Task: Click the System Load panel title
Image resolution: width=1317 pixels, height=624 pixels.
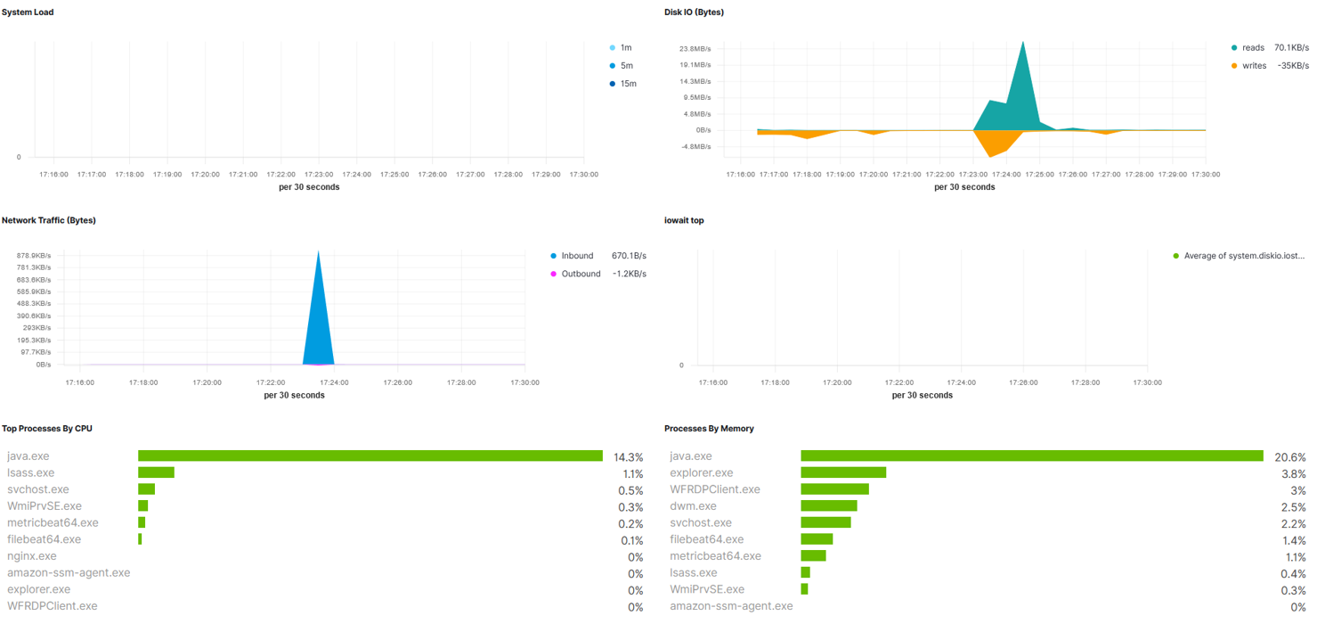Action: [x=28, y=12]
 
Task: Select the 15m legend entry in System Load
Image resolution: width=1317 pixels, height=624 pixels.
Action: [x=623, y=84]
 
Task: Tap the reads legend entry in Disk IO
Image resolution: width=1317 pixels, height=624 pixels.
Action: [x=1248, y=47]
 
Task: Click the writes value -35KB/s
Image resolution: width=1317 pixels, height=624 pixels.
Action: [x=1293, y=66]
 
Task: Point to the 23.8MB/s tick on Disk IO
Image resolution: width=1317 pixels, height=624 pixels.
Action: [x=695, y=49]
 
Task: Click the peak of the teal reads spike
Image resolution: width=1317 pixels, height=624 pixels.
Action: [x=1023, y=42]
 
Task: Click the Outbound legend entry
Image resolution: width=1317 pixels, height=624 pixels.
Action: [x=575, y=274]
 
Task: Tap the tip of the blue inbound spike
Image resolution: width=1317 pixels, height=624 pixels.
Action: [x=319, y=251]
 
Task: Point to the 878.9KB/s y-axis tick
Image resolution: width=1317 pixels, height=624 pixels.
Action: [x=34, y=256]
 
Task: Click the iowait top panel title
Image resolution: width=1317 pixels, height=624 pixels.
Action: [x=684, y=221]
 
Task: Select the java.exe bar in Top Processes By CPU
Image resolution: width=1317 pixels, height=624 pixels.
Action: [x=370, y=456]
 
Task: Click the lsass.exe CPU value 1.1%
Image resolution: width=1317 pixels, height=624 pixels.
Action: [x=632, y=474]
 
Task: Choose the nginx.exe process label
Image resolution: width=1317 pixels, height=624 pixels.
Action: [x=32, y=556]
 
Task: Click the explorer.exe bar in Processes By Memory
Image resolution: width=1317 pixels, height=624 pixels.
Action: [x=843, y=472]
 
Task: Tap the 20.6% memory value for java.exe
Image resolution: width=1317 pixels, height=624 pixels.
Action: [x=1290, y=457]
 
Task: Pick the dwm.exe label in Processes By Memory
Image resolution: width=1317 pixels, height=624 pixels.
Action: [x=693, y=506]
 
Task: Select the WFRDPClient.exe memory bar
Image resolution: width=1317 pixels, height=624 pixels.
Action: [x=835, y=489]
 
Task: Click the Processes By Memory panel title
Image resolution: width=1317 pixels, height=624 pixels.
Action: [x=709, y=429]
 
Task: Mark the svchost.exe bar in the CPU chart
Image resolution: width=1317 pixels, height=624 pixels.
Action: [x=146, y=489]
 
